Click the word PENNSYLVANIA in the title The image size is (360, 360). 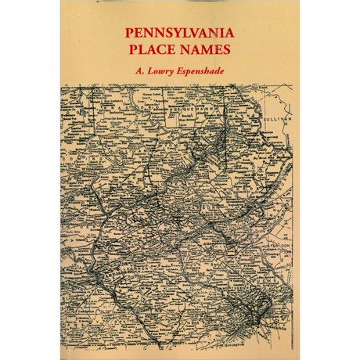[179, 35]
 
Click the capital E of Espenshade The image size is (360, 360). [181, 70]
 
